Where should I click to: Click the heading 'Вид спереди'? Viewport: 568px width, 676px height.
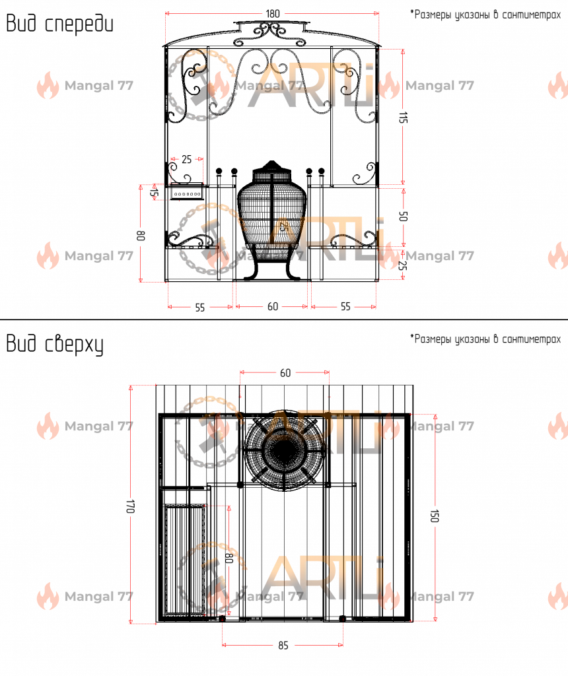(59, 24)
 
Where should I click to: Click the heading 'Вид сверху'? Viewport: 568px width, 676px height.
(55, 345)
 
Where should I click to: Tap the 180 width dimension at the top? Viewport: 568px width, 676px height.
(273, 14)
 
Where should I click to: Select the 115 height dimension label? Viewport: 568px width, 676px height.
(402, 118)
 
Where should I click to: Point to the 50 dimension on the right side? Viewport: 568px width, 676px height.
(403, 216)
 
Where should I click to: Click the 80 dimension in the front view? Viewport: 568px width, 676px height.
(141, 236)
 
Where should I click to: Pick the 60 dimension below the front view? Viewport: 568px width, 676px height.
(273, 306)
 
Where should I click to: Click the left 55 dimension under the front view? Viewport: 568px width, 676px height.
(199, 308)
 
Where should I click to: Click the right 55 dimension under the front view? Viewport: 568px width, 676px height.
(345, 306)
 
